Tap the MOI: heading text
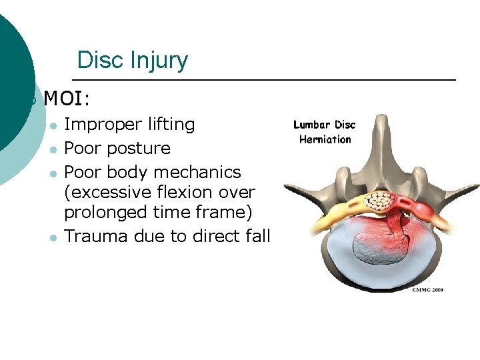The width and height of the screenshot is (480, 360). (x=67, y=100)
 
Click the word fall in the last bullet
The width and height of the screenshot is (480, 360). (x=257, y=236)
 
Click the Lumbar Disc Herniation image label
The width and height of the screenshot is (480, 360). (x=325, y=132)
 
